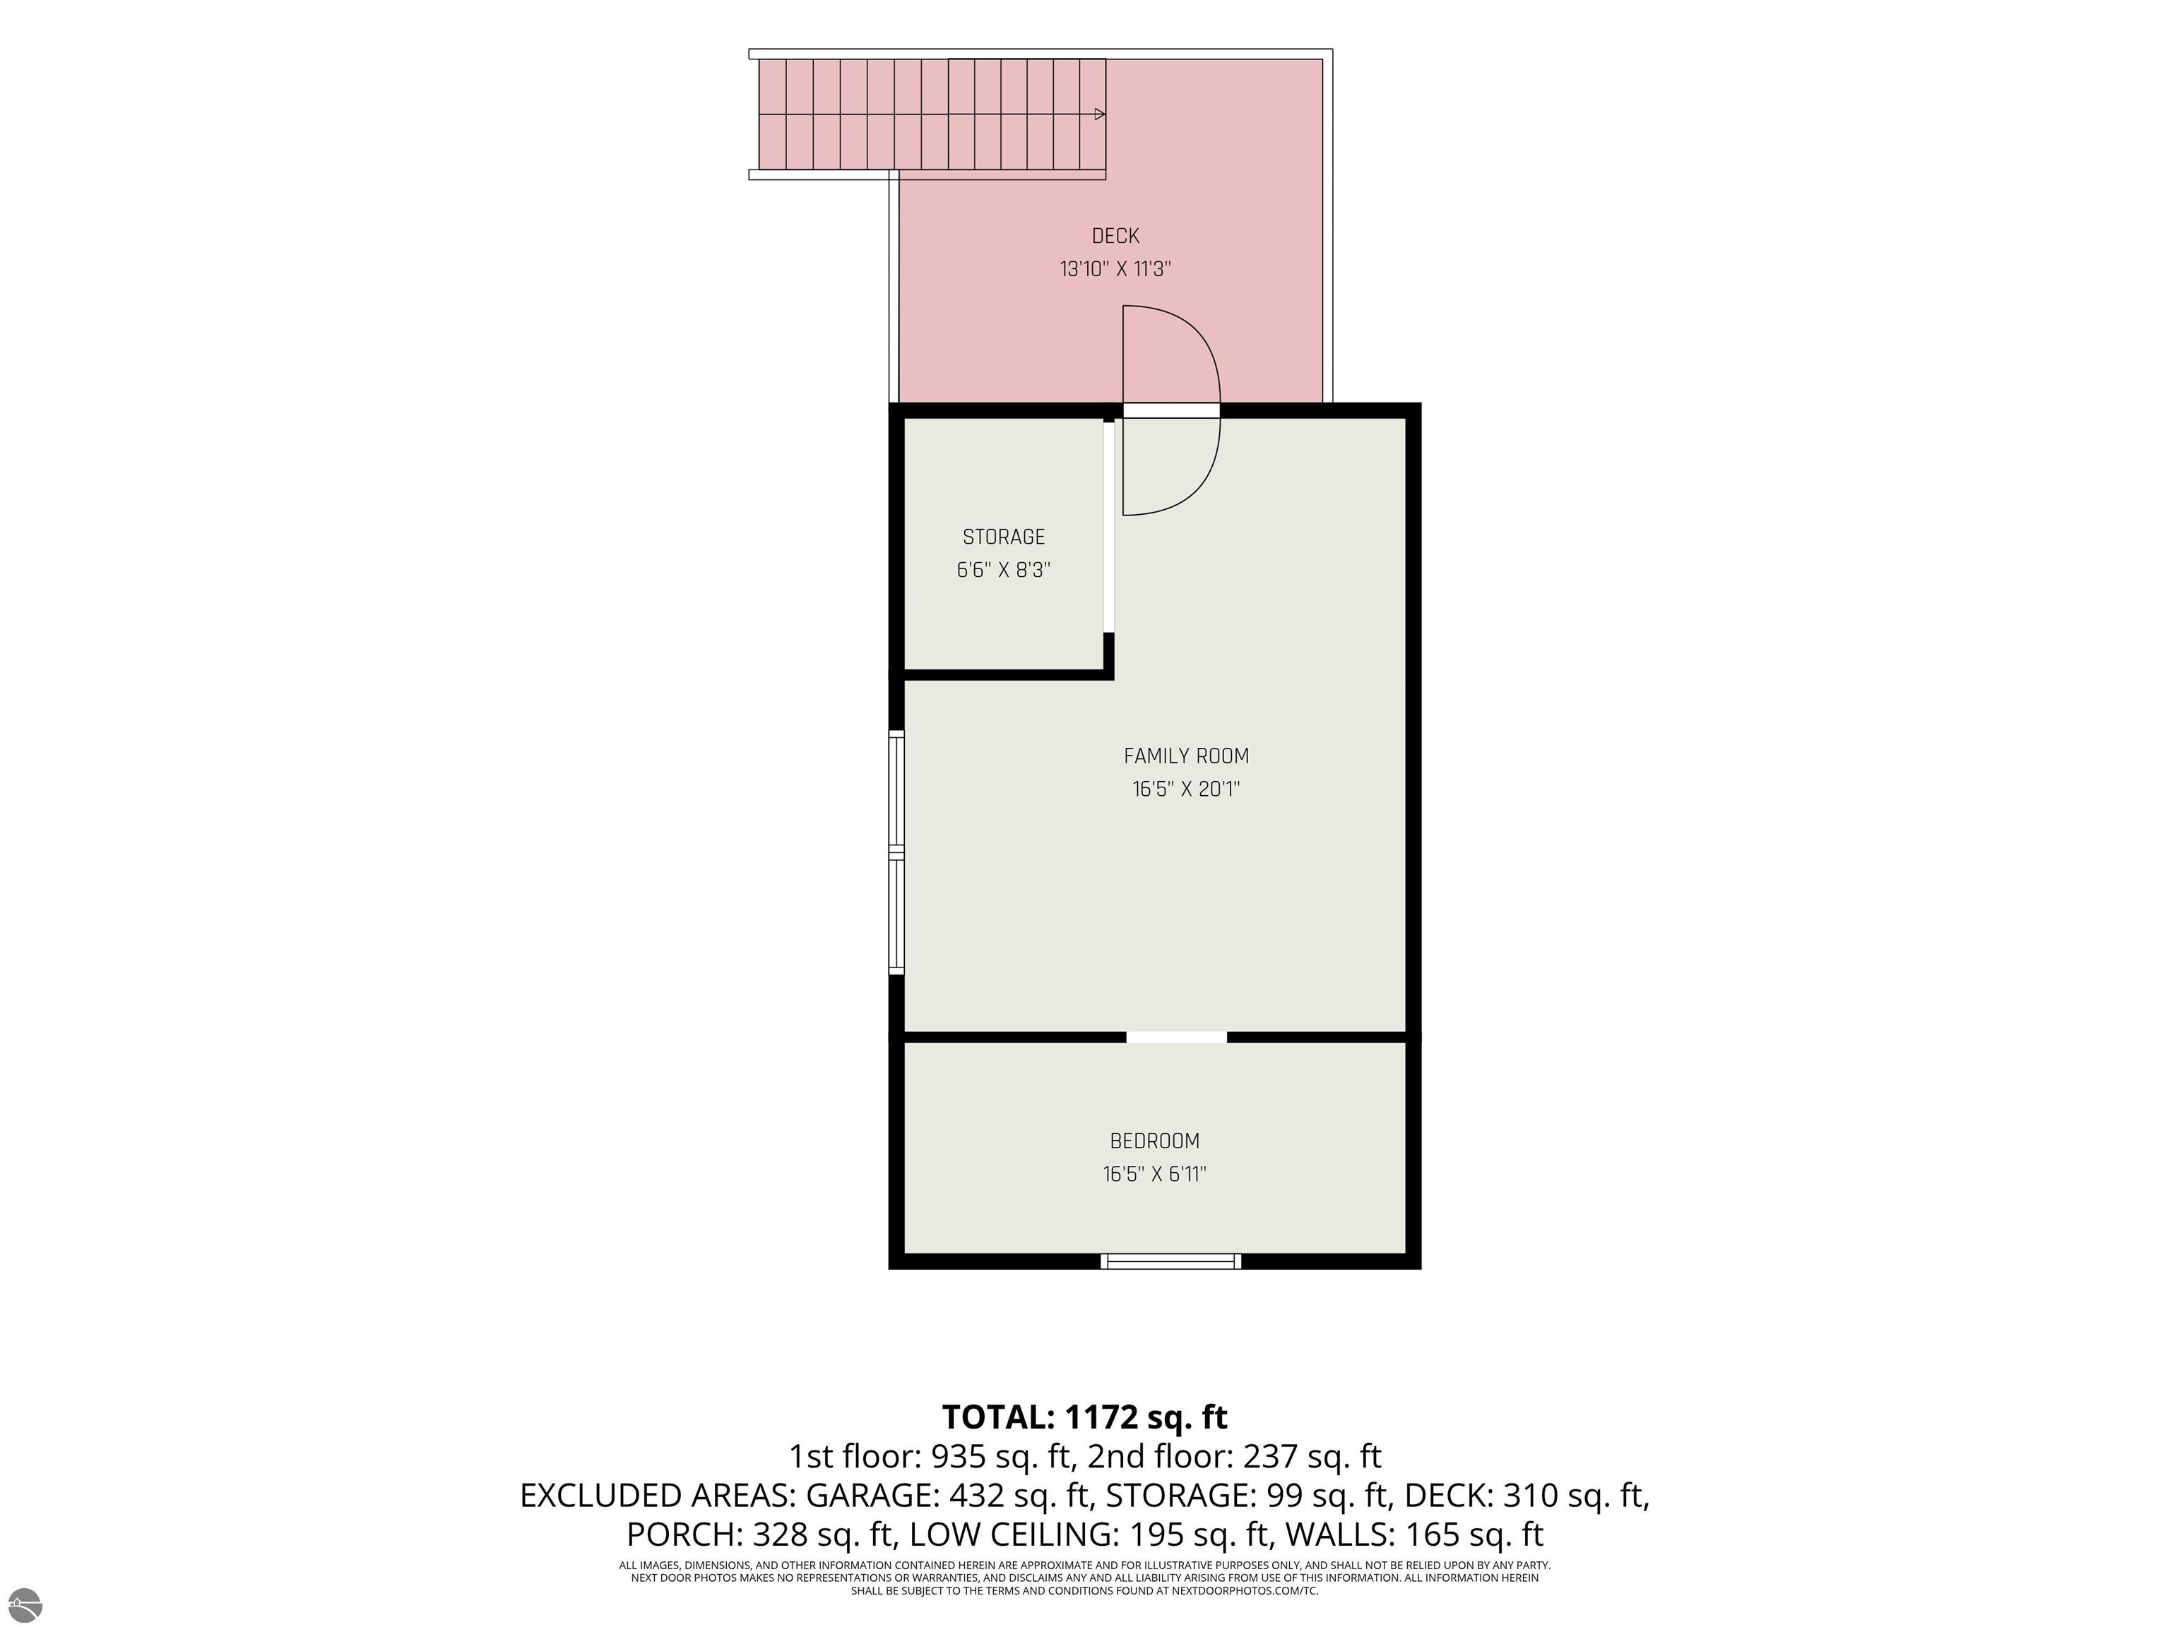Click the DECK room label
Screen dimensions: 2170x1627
tap(1115, 237)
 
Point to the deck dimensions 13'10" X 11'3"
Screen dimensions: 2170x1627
tap(1115, 269)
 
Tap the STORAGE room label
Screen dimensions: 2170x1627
tap(1004, 537)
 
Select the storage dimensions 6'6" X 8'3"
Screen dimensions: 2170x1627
tap(1004, 570)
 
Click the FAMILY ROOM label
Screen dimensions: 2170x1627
tap(1186, 756)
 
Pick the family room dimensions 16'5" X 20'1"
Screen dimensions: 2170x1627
tap(1186, 789)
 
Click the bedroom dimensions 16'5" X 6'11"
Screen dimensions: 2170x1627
tap(1155, 1174)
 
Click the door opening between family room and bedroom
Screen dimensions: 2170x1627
tap(1176, 1037)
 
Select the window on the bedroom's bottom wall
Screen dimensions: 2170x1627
tap(1170, 1261)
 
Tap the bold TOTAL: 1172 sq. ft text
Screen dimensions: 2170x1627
tap(1084, 1417)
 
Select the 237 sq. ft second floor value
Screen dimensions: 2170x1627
tap(1312, 1456)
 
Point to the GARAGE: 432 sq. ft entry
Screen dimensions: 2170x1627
tap(949, 1496)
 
